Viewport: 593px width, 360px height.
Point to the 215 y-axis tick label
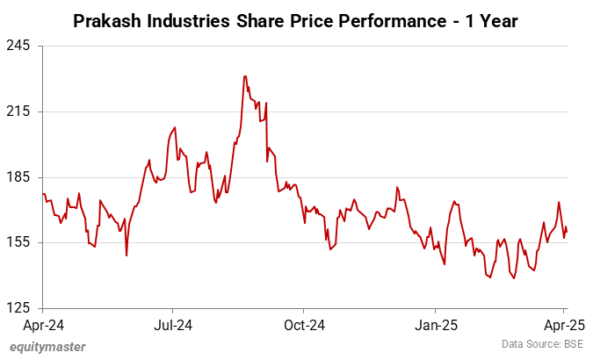tap(19, 112)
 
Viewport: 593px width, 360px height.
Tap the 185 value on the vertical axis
tap(19, 176)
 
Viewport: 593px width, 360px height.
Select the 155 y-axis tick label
tap(19, 242)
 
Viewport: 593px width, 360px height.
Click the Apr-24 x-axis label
tap(42, 323)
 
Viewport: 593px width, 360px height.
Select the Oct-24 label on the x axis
tap(303, 323)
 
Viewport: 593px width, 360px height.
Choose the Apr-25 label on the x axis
tap(564, 323)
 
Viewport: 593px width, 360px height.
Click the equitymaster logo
tap(47, 347)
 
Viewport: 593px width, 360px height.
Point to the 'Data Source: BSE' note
tap(541, 344)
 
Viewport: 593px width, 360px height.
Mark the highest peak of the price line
tap(245, 76)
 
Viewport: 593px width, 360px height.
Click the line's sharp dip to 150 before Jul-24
tap(127, 256)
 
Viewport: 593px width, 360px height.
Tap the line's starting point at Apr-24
tap(42, 193)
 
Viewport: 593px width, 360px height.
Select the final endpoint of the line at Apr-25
tap(567, 232)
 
